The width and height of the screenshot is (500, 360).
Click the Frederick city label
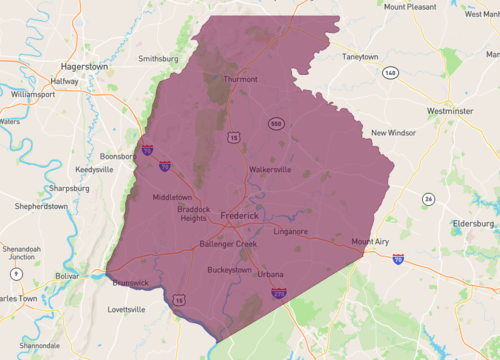coord(240,216)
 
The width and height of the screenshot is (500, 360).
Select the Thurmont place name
coord(241,79)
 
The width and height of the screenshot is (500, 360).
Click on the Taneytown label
coord(362,57)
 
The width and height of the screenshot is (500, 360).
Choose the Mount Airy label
coord(370,241)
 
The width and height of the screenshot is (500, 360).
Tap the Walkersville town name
coord(270,169)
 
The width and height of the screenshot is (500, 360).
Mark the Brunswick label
coord(127,282)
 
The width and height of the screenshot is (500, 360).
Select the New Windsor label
coord(393,133)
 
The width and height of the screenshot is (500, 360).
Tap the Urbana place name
coord(270,274)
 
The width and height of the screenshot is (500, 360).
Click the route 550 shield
coord(274,122)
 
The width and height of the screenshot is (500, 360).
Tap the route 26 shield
coord(427,198)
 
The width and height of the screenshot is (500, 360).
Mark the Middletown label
coord(171,197)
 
